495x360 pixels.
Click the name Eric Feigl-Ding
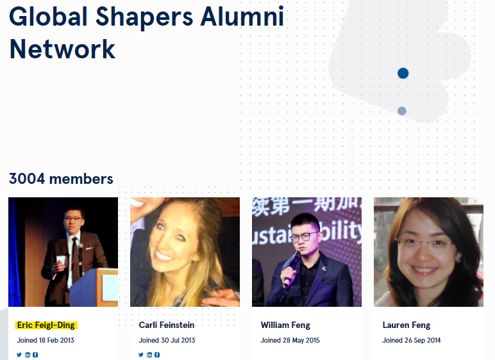(46, 325)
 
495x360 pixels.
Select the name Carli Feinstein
(167, 325)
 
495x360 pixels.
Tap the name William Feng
(285, 325)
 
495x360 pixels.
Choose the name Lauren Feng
(407, 325)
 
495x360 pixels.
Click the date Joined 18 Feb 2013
(46, 340)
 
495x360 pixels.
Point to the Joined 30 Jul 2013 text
(167, 340)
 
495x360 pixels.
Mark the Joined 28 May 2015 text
(290, 340)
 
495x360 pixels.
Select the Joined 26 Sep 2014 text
(412, 340)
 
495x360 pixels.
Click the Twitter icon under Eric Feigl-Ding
(19, 355)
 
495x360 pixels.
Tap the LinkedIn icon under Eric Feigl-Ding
(28, 355)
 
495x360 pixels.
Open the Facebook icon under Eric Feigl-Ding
(35, 355)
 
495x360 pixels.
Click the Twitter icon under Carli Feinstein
(141, 355)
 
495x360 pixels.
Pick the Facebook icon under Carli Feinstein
(157, 355)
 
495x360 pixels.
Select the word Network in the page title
(62, 49)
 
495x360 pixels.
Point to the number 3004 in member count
(27, 179)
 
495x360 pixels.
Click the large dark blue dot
(403, 73)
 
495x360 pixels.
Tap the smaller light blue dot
(402, 111)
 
